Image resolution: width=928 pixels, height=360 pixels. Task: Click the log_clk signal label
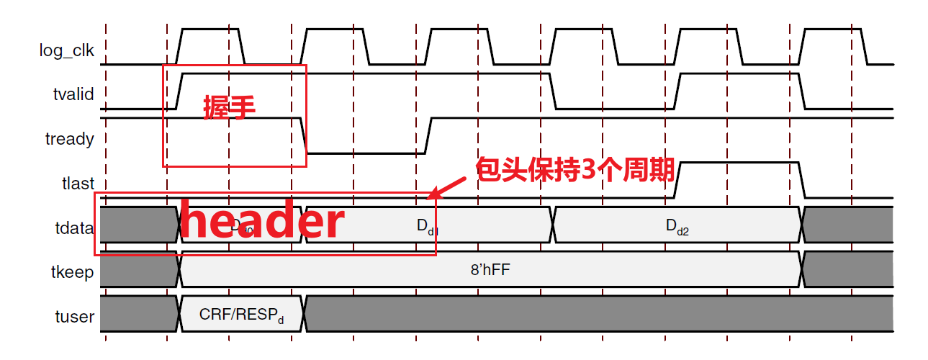[x=66, y=50]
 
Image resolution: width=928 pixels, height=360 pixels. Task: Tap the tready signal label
[x=69, y=139]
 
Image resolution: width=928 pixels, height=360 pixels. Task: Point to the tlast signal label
[x=78, y=184]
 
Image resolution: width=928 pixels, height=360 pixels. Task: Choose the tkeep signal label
[x=72, y=271]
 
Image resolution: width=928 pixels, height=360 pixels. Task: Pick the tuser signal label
[x=75, y=316]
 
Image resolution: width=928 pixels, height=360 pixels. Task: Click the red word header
[x=262, y=222]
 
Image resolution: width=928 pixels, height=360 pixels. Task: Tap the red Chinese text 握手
[x=230, y=107]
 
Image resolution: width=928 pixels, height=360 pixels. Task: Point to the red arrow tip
[x=431, y=196]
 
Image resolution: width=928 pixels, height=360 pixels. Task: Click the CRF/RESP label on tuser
[x=241, y=315]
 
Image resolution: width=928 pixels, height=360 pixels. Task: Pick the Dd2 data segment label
[x=677, y=227]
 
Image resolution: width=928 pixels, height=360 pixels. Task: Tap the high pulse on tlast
[x=739, y=164]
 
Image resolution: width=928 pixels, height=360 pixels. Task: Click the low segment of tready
[x=365, y=152]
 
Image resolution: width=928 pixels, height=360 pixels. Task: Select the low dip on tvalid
[x=613, y=109]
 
